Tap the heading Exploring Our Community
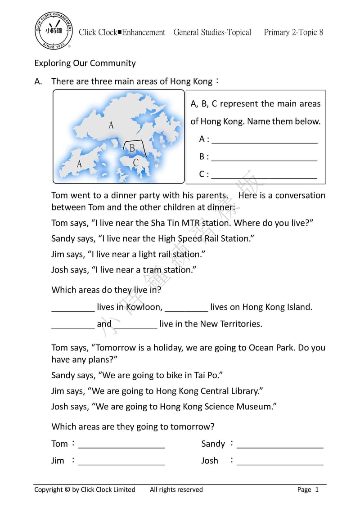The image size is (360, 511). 85,63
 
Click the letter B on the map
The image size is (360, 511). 132,148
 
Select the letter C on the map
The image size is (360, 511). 135,163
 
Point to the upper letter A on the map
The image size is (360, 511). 111,125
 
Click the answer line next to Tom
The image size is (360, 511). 121,447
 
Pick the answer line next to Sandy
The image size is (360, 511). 280,447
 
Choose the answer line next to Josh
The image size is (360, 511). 280,464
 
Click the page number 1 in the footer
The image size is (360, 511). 317,490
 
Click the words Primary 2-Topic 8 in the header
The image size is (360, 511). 293,32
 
